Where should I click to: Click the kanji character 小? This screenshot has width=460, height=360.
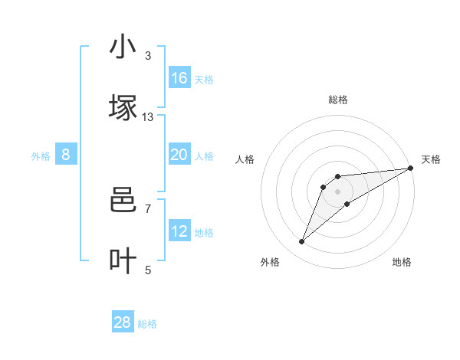click(x=123, y=47)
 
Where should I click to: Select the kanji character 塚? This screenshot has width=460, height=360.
click(x=123, y=108)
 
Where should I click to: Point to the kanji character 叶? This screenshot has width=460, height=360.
click(x=123, y=261)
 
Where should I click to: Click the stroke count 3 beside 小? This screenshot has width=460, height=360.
click(x=148, y=55)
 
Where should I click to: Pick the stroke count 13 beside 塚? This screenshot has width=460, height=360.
click(x=148, y=116)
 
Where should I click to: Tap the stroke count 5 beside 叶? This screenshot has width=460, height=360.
click(x=148, y=270)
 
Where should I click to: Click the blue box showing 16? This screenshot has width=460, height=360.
click(x=179, y=78)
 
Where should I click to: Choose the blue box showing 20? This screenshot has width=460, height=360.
click(x=179, y=155)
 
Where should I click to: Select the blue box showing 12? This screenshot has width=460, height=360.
click(x=179, y=231)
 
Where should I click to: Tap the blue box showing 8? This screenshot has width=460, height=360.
click(x=66, y=155)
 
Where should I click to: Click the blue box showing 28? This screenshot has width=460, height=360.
click(x=123, y=322)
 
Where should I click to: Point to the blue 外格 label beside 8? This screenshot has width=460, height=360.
click(x=41, y=156)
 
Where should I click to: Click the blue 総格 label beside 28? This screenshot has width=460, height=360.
click(x=148, y=324)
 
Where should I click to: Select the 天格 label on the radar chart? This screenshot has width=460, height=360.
click(x=431, y=159)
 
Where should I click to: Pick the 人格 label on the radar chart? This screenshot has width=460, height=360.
click(x=245, y=159)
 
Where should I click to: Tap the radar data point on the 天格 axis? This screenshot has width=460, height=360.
click(x=410, y=168)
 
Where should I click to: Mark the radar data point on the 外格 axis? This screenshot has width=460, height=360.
click(x=302, y=242)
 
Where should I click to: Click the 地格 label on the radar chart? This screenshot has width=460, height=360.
click(x=402, y=262)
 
